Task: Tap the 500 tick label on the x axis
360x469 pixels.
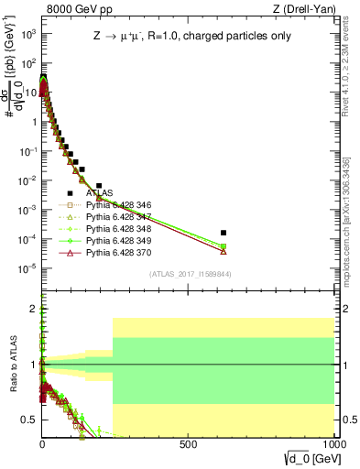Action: (188, 443)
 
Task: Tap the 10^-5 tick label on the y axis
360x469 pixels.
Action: (27, 268)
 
